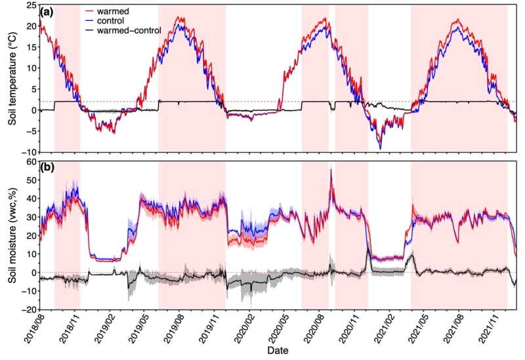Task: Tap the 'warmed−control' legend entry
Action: coord(127,30)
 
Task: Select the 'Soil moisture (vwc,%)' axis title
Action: coord(9,235)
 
